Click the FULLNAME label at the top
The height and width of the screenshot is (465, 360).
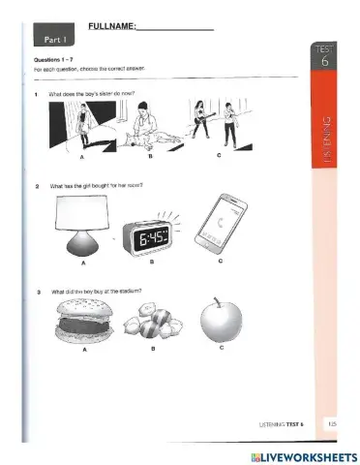pos(111,26)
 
